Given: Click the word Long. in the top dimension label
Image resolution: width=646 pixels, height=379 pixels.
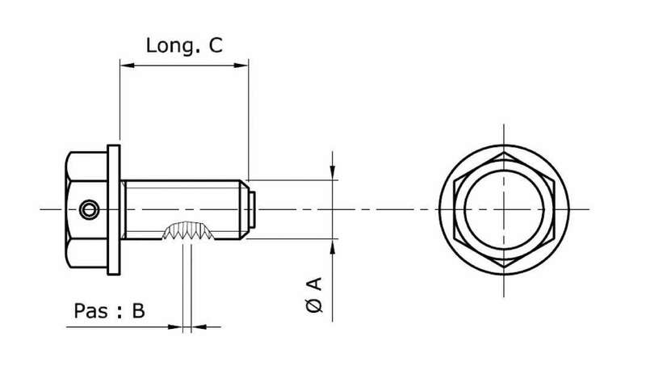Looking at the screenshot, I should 170,46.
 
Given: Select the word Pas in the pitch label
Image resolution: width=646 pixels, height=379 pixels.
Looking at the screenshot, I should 90,311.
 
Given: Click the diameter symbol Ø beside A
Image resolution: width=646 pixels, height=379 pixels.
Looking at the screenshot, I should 315,305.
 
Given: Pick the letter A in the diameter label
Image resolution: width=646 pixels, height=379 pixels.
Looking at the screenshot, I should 315,284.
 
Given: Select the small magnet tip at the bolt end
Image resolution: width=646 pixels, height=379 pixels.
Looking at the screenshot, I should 253,210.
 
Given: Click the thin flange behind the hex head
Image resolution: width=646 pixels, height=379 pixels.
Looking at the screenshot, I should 115,210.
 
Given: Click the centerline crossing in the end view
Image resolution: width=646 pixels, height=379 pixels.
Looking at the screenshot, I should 505,209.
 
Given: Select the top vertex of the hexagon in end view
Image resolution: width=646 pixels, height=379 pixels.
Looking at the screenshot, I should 505,152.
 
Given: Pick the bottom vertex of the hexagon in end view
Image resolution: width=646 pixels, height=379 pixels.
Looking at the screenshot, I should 505,267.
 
